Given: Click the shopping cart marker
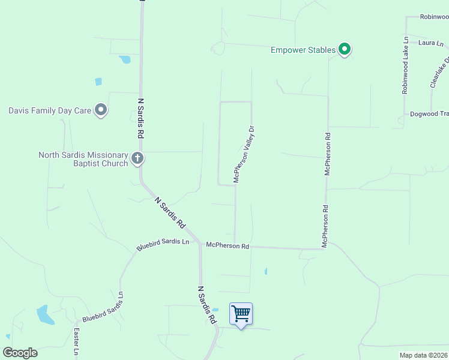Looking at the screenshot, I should [x=241, y=314].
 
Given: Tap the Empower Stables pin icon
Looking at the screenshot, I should [x=345, y=49].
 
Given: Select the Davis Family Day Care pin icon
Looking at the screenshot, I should [x=101, y=110].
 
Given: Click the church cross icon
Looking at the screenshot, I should [x=137, y=159].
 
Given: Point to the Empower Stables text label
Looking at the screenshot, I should [x=303, y=50].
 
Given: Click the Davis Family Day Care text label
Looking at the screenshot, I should [x=49, y=110].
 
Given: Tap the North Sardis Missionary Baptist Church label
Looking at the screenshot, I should [x=83, y=159].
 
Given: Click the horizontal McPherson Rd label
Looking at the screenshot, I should [x=227, y=246].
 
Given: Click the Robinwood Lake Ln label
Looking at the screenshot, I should [x=405, y=65].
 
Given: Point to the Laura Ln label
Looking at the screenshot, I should [x=431, y=43].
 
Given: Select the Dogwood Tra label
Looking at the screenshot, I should [x=429, y=114].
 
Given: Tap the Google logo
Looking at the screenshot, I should [x=20, y=353].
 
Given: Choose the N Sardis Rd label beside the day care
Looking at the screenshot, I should [x=140, y=119].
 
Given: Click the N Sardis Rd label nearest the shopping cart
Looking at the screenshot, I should [x=206, y=305].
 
